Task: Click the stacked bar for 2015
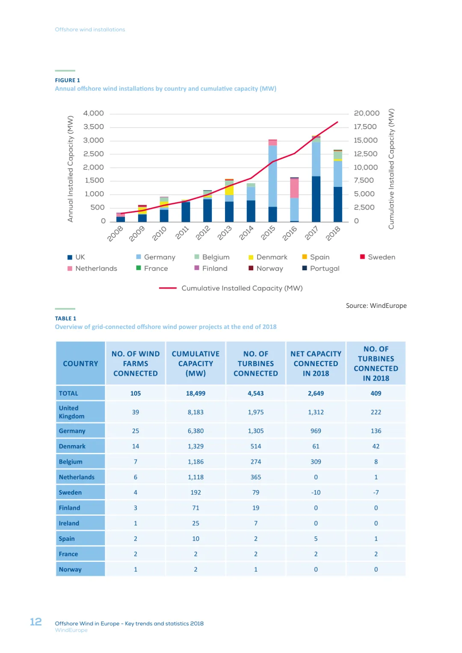(x=272, y=180)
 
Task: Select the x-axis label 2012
(x=203, y=233)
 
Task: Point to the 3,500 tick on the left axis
(x=94, y=127)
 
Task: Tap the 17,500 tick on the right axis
(x=365, y=127)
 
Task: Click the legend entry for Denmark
(x=272, y=257)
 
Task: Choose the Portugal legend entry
(x=324, y=269)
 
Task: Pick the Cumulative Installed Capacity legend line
(x=168, y=288)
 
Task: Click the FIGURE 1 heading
(x=68, y=80)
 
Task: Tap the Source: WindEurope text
(x=376, y=306)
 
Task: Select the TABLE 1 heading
(x=65, y=319)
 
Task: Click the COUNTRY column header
(x=80, y=363)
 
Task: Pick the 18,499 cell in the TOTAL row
(x=195, y=393)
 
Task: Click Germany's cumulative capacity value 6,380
(x=195, y=431)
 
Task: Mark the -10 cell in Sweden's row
(x=316, y=493)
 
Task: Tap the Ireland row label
(x=69, y=523)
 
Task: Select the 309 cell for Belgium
(x=316, y=462)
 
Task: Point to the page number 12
(x=36, y=622)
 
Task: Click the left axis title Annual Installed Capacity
(x=71, y=169)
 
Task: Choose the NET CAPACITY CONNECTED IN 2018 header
(x=316, y=363)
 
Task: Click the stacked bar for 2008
(x=121, y=217)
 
